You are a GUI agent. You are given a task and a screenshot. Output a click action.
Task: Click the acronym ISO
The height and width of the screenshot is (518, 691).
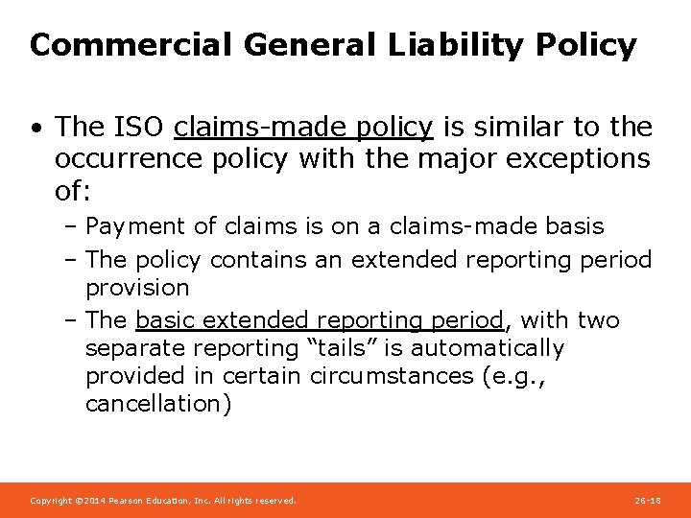(x=145, y=127)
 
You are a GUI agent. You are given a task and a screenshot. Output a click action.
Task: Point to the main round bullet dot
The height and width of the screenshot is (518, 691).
(x=36, y=128)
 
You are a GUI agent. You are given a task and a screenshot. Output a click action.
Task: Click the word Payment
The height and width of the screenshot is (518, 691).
(x=135, y=227)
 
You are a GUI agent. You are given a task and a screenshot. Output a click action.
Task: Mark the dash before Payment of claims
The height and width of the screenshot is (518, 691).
(x=73, y=227)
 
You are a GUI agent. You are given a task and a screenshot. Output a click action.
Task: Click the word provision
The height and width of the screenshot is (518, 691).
(x=137, y=288)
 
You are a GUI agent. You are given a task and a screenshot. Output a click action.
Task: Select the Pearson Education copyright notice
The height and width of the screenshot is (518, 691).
(x=163, y=501)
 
